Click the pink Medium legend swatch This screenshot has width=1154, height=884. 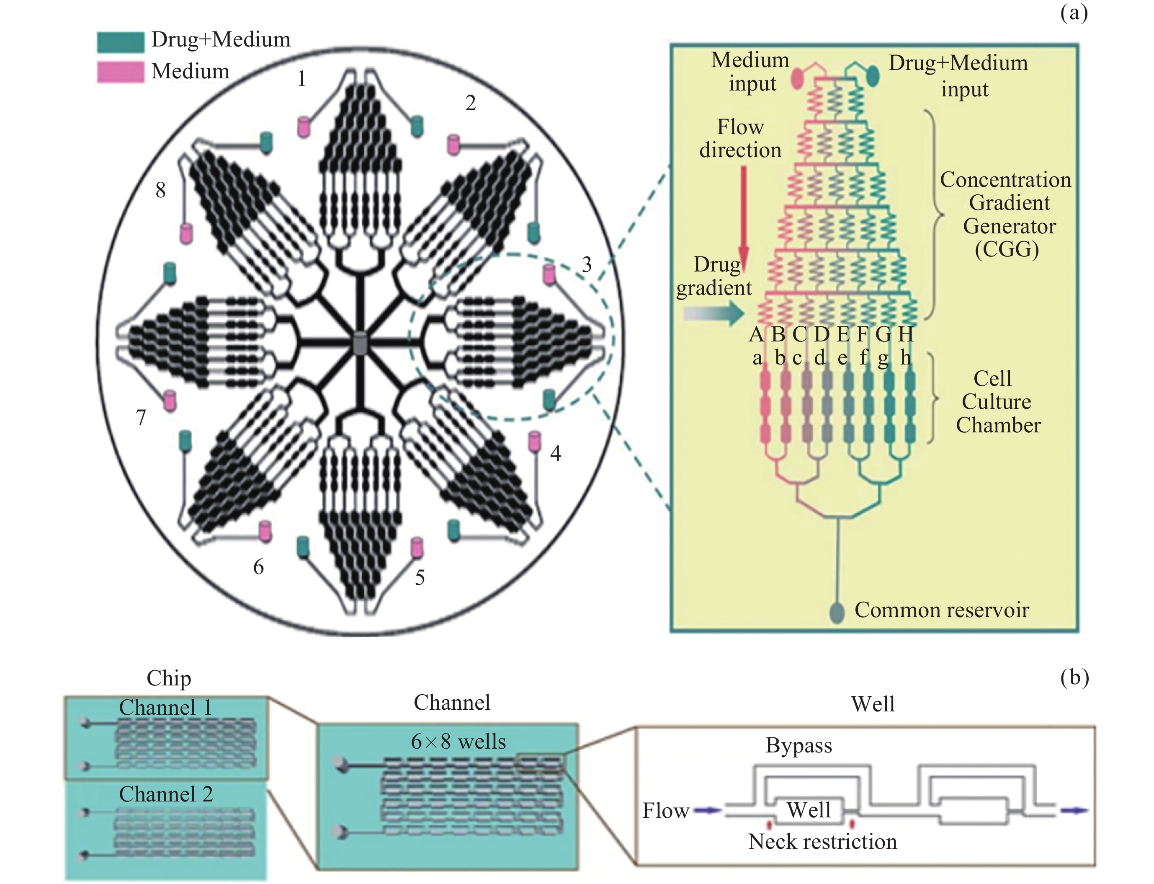click(x=121, y=72)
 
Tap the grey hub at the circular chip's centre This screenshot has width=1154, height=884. click(x=360, y=343)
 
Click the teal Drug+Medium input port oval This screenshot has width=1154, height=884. click(x=873, y=76)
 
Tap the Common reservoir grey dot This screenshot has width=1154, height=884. click(x=837, y=613)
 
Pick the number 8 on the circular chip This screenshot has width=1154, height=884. click(x=160, y=190)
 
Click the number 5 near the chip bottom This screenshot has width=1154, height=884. click(x=420, y=578)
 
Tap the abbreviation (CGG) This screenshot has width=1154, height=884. click(x=1007, y=249)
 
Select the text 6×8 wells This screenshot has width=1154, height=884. click(x=458, y=742)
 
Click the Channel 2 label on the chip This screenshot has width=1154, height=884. click(x=166, y=794)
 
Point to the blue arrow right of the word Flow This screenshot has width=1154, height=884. click(x=707, y=810)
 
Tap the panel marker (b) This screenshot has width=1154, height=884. click(x=1074, y=677)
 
